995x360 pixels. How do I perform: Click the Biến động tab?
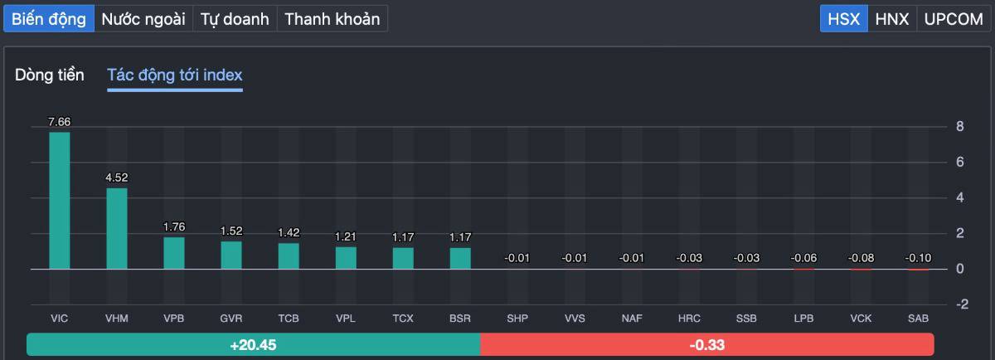pos(49,19)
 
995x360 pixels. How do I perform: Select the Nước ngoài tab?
pos(143,19)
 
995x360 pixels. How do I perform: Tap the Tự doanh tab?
pos(235,19)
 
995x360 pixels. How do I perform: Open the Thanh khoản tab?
pos(332,19)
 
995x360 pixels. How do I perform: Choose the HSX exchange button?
pos(844,19)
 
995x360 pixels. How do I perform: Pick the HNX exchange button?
pos(892,19)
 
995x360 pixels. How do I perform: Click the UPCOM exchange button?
pos(953,19)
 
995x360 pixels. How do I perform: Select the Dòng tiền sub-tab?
pos(50,75)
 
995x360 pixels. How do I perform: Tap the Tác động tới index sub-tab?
pos(175,75)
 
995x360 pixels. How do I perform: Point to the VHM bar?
pos(117,228)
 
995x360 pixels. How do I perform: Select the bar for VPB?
pos(174,253)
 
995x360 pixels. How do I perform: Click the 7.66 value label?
pos(60,122)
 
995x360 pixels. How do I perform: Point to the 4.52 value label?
pos(117,178)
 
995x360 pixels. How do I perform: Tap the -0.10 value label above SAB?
pos(918,258)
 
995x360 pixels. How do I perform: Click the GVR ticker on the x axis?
pos(231,319)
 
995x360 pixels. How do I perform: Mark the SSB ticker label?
pos(746,319)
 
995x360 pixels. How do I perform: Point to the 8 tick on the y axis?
pos(959,127)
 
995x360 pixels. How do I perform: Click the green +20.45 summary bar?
pos(253,344)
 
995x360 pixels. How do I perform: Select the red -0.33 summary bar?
pos(706,344)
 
